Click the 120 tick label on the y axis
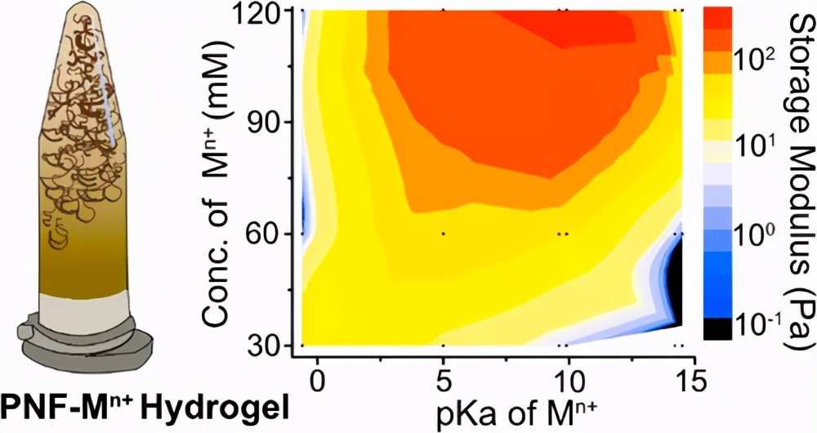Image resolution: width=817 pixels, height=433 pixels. click(260, 14)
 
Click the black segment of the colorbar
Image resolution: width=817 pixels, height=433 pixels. click(709, 328)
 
